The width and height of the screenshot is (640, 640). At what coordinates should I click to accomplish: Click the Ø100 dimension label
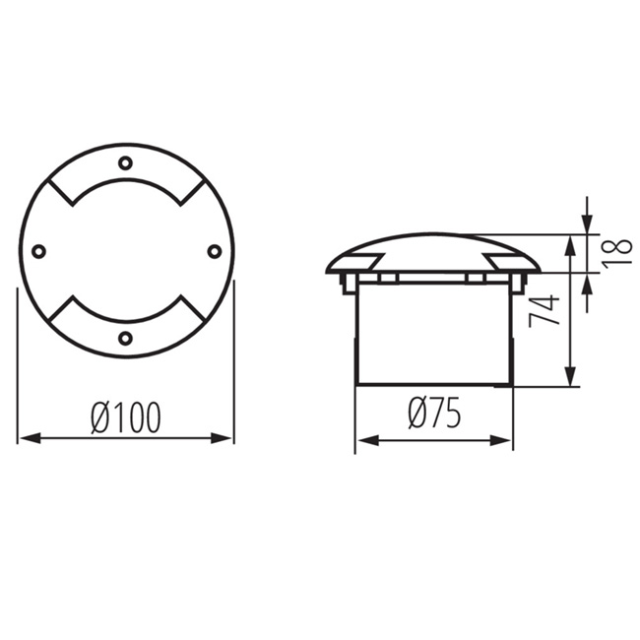click(x=126, y=417)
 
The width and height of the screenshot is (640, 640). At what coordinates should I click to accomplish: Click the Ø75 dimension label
click(x=434, y=414)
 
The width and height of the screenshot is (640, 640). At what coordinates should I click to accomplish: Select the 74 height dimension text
click(x=544, y=310)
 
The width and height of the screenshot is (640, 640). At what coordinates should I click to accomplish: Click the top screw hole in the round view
click(x=125, y=162)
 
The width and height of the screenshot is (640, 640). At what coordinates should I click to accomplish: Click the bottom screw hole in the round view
click(x=125, y=338)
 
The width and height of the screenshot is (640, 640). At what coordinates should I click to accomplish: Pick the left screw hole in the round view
click(x=38, y=251)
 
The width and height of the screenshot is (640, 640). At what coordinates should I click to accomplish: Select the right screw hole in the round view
click(x=214, y=251)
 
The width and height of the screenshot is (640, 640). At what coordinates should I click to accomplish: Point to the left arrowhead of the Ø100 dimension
click(x=31, y=439)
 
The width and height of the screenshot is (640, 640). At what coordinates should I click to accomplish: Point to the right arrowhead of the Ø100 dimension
click(x=221, y=439)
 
